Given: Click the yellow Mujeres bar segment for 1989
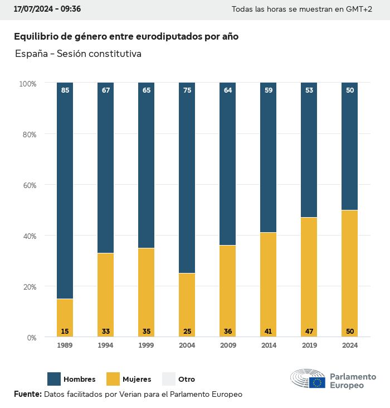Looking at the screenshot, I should [65, 313].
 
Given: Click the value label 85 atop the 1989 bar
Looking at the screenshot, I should [65, 90].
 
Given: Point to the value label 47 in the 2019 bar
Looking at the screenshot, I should [309, 332].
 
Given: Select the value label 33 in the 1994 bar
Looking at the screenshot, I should [106, 332].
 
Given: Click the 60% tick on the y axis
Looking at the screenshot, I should [28, 185].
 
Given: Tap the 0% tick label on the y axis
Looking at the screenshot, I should [31, 337].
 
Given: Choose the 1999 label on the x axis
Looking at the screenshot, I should [147, 345].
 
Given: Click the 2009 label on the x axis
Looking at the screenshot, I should [228, 345].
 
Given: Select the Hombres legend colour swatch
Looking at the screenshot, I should [54, 379].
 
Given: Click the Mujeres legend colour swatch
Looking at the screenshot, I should [113, 379].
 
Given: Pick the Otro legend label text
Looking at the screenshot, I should [187, 380].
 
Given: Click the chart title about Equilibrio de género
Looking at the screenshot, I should [126, 36].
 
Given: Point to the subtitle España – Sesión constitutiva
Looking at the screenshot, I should [78, 54].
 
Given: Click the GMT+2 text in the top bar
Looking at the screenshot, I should [360, 9].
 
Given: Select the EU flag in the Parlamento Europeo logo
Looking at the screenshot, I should [318, 382].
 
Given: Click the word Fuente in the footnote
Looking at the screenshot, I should [27, 395].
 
